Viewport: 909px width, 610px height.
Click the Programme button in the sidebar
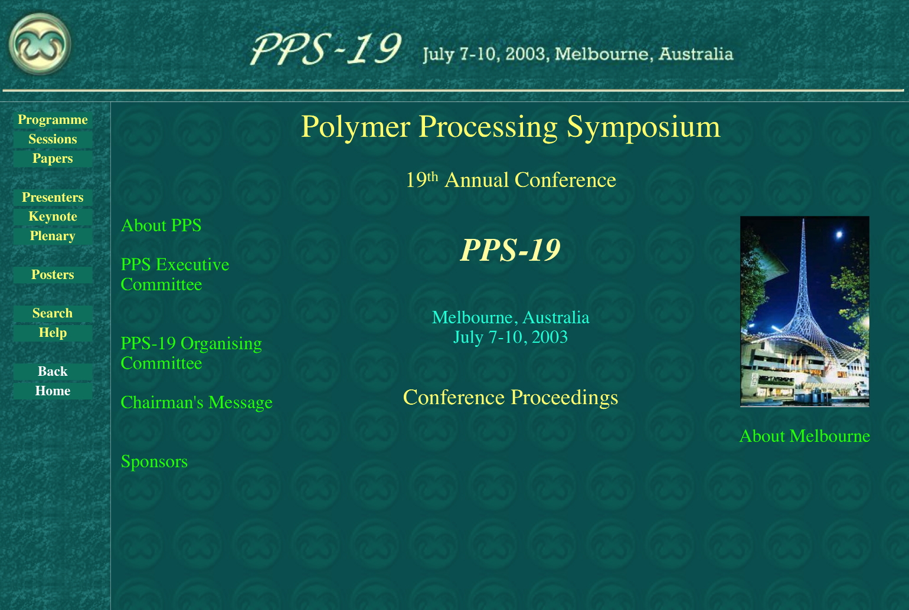(53, 120)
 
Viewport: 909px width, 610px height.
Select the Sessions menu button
(53, 139)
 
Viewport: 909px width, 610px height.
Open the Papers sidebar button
(53, 159)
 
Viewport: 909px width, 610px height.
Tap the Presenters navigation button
(53, 197)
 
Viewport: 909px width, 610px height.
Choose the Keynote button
(53, 217)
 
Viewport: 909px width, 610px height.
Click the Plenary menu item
(53, 236)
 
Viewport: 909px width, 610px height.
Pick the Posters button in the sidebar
(53, 274)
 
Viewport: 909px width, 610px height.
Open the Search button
(53, 313)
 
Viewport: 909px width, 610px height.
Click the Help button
(53, 333)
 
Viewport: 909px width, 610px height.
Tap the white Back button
(53, 372)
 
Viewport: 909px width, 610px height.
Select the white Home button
(53, 391)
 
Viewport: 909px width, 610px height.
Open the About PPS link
(161, 225)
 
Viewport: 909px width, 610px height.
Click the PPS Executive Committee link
(175, 274)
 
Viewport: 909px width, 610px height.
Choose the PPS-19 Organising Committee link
(191, 353)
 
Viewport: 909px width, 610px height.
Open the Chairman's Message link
(197, 403)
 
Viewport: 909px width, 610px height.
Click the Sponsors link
(154, 462)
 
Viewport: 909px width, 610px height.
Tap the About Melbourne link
(805, 437)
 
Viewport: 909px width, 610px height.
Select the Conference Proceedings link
(511, 398)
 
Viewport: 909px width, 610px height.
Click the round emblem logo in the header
(40, 44)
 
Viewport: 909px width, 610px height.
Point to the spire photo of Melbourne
(805, 311)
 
